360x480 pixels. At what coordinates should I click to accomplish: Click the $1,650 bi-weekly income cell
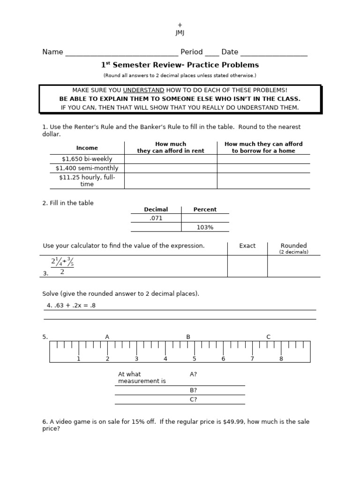(87, 159)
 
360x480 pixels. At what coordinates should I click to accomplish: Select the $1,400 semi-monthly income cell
(87, 168)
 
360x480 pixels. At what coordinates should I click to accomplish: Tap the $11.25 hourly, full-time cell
(87, 180)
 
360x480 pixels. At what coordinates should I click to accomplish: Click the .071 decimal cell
(156, 218)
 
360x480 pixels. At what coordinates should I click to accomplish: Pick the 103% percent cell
(205, 227)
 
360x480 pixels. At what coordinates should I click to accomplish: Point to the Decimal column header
(156, 210)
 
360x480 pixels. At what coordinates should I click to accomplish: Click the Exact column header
(247, 246)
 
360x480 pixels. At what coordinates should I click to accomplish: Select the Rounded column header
(293, 246)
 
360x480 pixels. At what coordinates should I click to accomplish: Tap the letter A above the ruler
(107, 337)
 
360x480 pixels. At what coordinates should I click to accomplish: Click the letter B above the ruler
(188, 337)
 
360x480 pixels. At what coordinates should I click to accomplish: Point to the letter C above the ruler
(269, 337)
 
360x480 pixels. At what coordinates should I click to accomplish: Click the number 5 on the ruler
(194, 359)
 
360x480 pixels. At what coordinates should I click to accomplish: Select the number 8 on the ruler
(281, 359)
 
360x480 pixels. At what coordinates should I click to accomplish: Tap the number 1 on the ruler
(79, 359)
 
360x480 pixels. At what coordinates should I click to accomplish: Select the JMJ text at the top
(180, 32)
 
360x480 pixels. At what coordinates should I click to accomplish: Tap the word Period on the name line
(192, 52)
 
